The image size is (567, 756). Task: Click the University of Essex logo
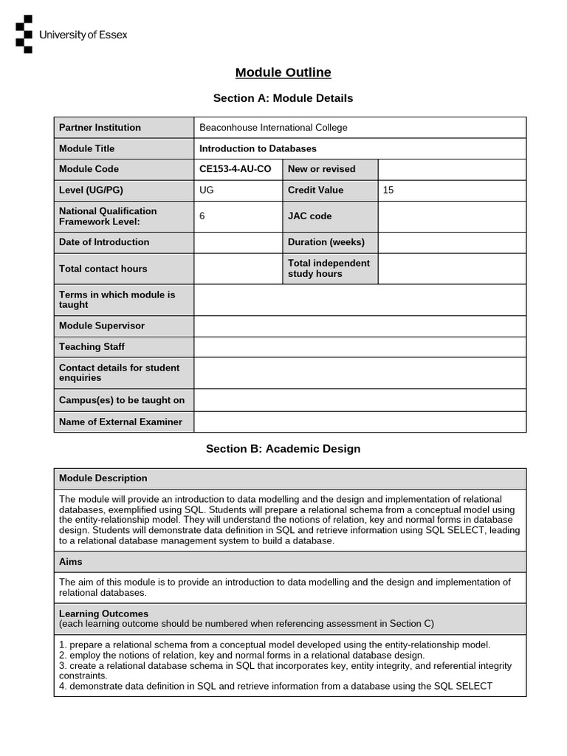71,34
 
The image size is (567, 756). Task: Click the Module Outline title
283,72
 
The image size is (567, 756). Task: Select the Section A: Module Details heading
283,98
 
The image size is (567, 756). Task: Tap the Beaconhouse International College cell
273,128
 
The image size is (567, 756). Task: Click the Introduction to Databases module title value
258,148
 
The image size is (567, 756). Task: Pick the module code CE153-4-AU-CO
236,169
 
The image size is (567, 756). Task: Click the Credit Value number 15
389,190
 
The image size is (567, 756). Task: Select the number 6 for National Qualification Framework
202,216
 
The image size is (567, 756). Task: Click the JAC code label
309,216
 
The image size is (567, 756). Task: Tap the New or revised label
321,169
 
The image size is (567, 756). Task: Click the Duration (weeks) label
326,242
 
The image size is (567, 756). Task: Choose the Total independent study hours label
329,269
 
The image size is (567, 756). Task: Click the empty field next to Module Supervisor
360,326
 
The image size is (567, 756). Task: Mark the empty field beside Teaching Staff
360,347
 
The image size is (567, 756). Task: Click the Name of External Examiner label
120,422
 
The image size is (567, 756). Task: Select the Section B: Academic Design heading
283,449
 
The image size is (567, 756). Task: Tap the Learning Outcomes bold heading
103,614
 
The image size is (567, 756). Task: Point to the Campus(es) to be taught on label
122,400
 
